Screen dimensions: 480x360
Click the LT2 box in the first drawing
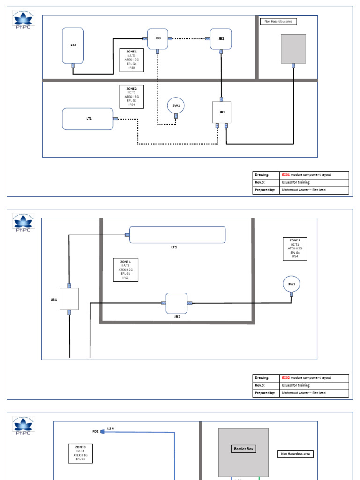click(x=73, y=45)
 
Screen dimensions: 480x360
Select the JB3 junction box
click(x=158, y=39)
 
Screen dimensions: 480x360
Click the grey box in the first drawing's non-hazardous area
click(x=293, y=49)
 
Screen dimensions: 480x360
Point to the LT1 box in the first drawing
click(x=88, y=119)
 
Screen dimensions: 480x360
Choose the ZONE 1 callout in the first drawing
click(x=132, y=60)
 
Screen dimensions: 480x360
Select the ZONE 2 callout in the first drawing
click(x=132, y=97)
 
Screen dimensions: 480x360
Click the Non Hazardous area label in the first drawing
click(x=278, y=22)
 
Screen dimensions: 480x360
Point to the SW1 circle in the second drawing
click(x=292, y=284)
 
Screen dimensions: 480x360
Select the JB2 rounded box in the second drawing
click(x=177, y=303)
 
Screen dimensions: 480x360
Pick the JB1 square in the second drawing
click(x=69, y=299)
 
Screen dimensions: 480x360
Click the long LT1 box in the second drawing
click(x=177, y=234)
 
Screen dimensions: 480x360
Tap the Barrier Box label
click(x=243, y=449)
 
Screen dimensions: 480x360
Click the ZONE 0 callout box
click(x=81, y=453)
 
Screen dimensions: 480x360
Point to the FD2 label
click(x=96, y=431)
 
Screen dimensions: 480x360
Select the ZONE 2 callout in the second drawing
click(x=295, y=248)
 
